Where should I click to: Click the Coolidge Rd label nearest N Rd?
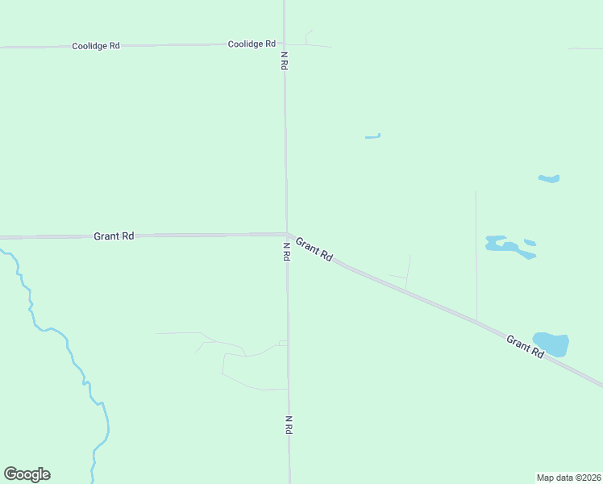(252, 44)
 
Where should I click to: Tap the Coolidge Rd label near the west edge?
(95, 46)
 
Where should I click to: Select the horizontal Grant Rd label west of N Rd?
(114, 236)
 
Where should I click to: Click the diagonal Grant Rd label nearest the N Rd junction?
(314, 248)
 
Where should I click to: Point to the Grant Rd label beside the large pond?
(526, 347)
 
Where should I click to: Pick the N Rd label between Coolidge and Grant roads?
(285, 61)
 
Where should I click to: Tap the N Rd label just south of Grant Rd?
(286, 251)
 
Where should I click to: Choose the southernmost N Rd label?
(288, 425)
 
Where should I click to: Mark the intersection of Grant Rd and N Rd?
(286, 234)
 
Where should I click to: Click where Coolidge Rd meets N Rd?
(284, 44)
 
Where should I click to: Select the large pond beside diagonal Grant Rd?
(552, 344)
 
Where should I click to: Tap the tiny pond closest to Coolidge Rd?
(372, 136)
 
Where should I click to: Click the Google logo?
(27, 474)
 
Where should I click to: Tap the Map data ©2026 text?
(568, 477)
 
